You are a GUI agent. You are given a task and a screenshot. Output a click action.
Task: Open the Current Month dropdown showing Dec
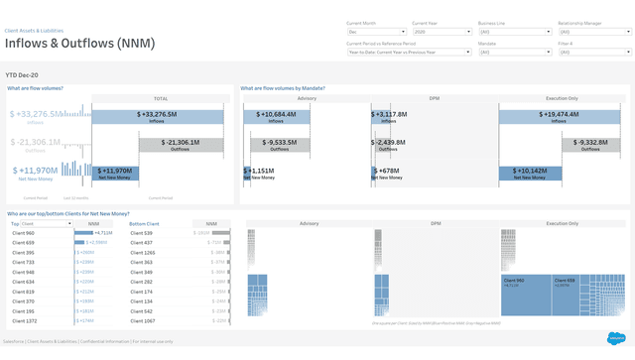pos(376,32)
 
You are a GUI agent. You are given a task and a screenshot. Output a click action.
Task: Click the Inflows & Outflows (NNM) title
pos(79,44)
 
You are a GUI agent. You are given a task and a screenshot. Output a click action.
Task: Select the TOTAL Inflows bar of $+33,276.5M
pos(164,117)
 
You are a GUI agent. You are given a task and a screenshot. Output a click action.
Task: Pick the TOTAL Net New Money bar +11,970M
pos(116,174)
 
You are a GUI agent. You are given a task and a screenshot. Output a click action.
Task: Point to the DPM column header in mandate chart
pos(435,98)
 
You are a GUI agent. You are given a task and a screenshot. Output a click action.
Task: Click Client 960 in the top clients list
pos(22,233)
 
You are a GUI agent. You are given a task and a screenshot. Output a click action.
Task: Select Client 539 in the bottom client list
pos(141,233)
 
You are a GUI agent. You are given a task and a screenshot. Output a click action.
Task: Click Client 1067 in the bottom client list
pos(142,320)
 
